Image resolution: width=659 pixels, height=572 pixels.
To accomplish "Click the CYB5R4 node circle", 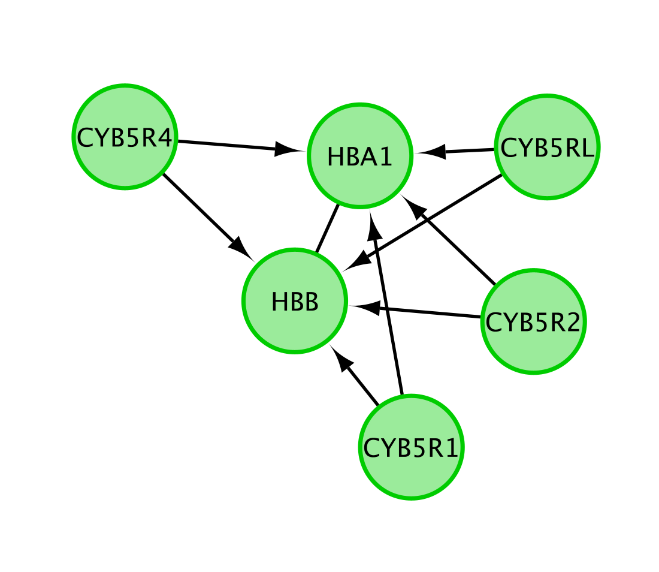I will pos(124,137).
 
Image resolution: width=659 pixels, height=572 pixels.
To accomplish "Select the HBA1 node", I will pos(359,156).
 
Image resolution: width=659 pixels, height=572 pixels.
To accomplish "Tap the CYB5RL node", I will pos(547,147).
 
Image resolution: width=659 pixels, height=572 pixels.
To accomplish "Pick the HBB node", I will pos(295,301).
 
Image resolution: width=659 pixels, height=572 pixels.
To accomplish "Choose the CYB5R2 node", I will pos(533,321).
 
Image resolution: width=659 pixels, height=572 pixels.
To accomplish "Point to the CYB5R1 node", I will pos(411,447).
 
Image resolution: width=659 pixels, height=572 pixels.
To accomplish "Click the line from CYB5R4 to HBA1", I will pos(228,146).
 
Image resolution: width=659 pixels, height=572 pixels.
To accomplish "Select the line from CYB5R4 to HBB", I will pos(198,207).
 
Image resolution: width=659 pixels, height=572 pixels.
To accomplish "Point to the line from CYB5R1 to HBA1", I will pos(389,312).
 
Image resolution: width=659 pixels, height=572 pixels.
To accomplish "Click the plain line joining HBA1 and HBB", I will pos(328,228).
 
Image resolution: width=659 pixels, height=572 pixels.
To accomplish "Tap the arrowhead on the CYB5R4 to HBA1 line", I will pos(286,150).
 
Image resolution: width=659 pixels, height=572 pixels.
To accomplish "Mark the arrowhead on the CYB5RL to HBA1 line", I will pos(434,152).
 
